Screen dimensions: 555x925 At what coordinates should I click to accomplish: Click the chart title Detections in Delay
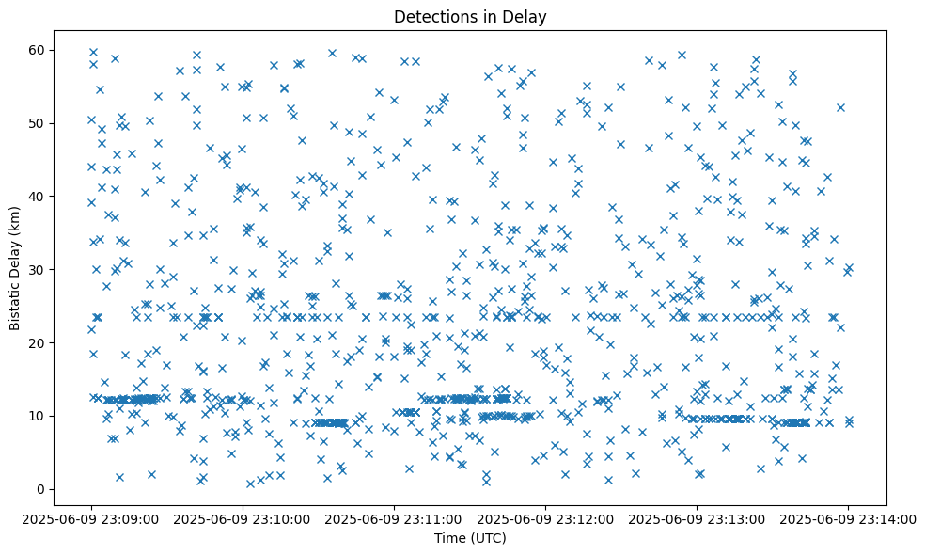(x=470, y=16)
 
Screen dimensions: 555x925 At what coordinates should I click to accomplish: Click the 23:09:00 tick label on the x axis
(x=91, y=517)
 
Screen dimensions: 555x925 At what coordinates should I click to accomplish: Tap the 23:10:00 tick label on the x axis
(x=243, y=517)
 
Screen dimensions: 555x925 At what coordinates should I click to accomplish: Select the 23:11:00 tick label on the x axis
(x=394, y=517)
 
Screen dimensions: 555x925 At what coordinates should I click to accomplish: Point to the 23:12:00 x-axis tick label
(x=545, y=517)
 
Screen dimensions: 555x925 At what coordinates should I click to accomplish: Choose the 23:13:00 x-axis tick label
(x=697, y=517)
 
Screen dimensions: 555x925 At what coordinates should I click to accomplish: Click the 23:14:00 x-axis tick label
(x=848, y=517)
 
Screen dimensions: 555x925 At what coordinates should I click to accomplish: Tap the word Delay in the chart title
(x=528, y=16)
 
